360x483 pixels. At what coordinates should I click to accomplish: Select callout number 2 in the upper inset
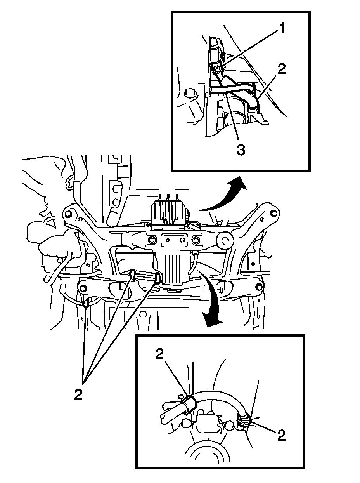click(282, 69)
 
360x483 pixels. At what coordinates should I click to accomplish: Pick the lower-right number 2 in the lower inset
click(281, 435)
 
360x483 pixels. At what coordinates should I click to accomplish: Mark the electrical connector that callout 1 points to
click(217, 68)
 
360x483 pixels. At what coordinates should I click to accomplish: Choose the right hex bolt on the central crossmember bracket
click(196, 240)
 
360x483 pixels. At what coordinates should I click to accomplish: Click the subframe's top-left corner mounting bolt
click(69, 214)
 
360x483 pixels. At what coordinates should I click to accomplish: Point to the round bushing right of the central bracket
click(224, 241)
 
